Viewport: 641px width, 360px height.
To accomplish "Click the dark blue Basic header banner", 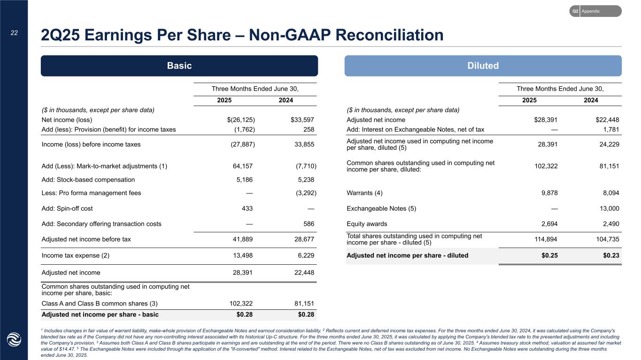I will click(x=179, y=66).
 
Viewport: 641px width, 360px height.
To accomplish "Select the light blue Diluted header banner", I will click(x=483, y=66).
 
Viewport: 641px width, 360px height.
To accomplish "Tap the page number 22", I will click(x=14, y=32).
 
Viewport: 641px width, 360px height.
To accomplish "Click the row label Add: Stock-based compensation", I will click(x=88, y=179).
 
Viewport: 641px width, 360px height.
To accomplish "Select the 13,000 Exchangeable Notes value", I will click(x=607, y=208).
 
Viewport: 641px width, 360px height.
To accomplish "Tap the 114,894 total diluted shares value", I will click(x=545, y=239).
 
